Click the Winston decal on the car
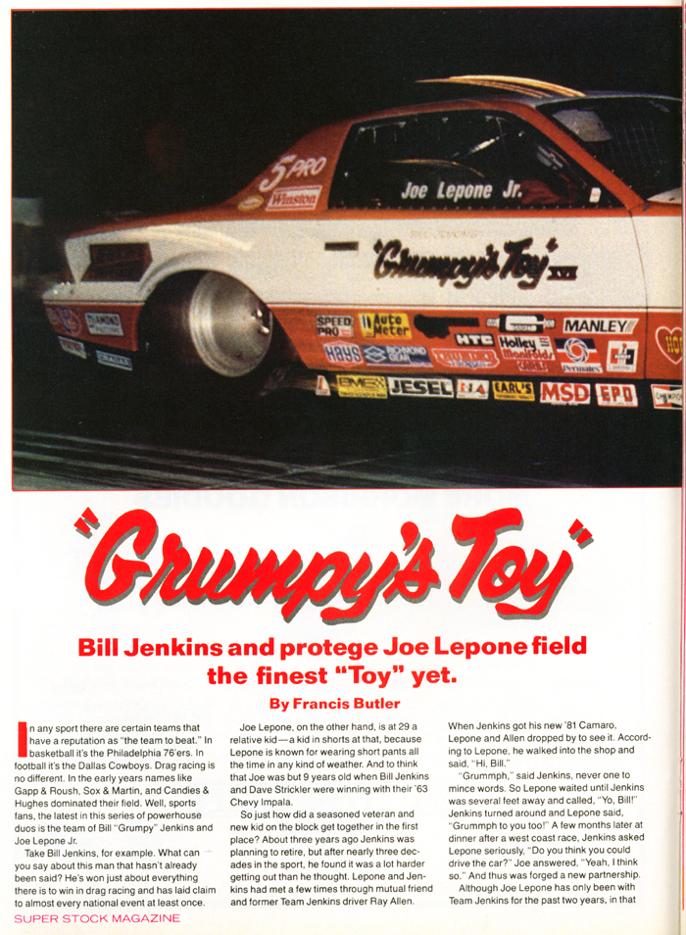(x=292, y=197)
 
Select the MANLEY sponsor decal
(x=600, y=325)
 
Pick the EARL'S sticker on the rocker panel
(x=512, y=390)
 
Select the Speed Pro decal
(x=333, y=325)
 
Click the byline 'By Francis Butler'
(x=334, y=702)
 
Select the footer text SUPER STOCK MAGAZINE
(x=97, y=918)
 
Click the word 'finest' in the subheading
(x=309, y=675)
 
